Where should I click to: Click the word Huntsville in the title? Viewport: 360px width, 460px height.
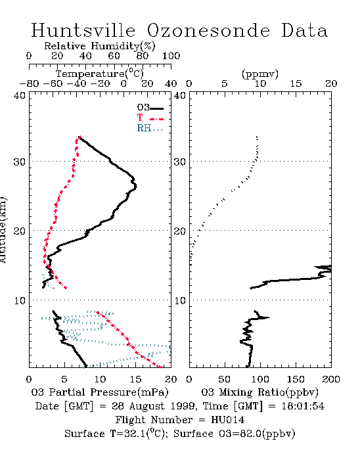[x=83, y=30]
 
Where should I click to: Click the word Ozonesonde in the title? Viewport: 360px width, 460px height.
[x=208, y=30]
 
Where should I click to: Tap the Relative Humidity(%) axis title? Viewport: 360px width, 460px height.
[x=99, y=46]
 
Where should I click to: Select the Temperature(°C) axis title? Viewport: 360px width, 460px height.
[x=99, y=74]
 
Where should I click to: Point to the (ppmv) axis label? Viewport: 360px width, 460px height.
[x=260, y=74]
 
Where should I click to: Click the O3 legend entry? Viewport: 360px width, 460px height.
[x=150, y=108]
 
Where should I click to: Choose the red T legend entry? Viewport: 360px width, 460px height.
[x=150, y=118]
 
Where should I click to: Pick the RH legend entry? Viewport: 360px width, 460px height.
[x=150, y=128]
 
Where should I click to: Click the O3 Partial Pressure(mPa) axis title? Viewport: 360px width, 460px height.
[x=100, y=392]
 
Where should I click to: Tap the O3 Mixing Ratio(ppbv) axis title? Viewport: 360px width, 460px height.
[x=259, y=392]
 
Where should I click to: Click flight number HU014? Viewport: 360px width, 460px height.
[x=227, y=420]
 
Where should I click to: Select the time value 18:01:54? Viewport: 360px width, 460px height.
[x=303, y=406]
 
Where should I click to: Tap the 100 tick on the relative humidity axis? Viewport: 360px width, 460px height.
[x=171, y=56]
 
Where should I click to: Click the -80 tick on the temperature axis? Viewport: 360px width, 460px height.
[x=29, y=84]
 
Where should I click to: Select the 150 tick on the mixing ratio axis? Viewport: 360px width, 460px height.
[x=296, y=379]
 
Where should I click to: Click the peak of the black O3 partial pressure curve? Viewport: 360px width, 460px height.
[x=137, y=186]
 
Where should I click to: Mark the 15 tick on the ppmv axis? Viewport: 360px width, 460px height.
[x=296, y=84]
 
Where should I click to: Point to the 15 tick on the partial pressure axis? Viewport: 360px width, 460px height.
[x=135, y=379]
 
